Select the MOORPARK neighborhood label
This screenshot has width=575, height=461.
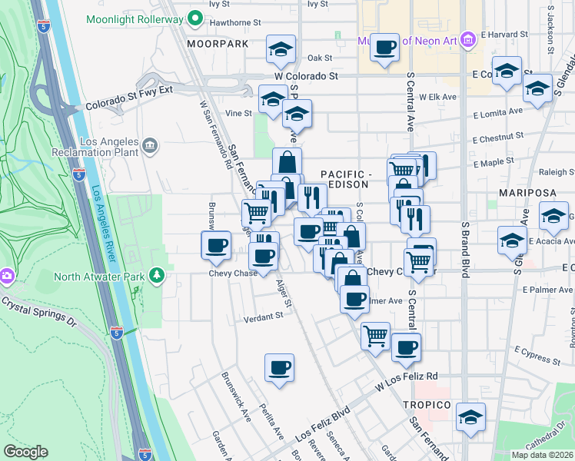point(218,44)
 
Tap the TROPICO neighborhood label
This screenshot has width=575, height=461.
point(425,405)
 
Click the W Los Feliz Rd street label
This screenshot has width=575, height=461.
point(406,376)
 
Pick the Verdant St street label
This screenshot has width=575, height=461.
point(264,318)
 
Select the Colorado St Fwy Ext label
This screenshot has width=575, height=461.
point(130,99)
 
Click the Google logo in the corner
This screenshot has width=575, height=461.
point(26,452)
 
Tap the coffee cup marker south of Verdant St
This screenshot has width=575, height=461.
point(279,366)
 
